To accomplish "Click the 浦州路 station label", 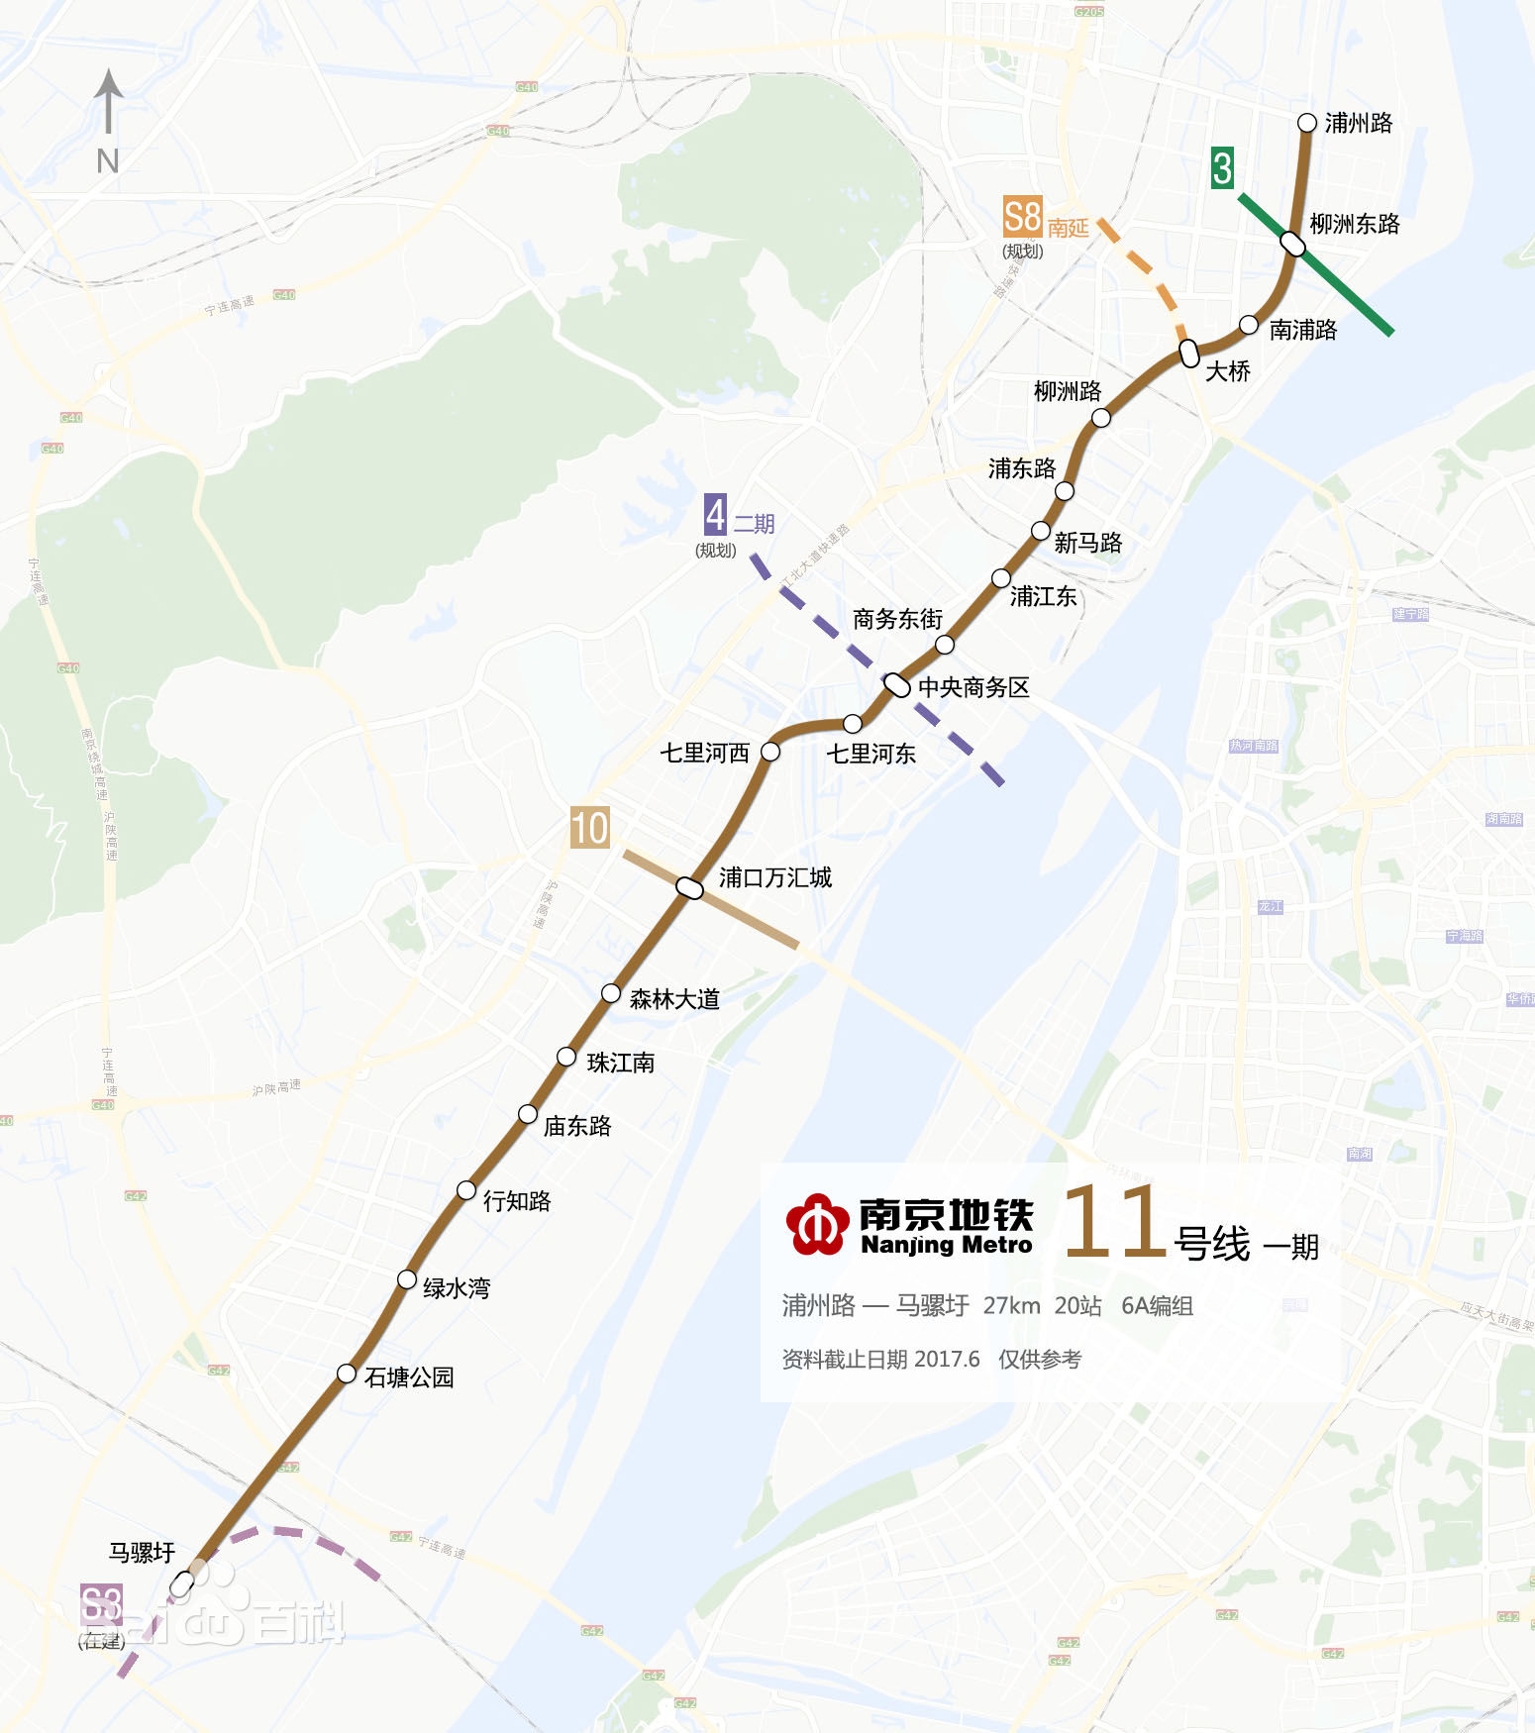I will click(x=1358, y=123).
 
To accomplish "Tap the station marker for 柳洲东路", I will click(x=1292, y=243).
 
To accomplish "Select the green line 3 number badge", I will click(x=1223, y=168).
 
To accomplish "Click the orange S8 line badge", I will click(x=1022, y=217).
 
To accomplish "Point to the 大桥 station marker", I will click(x=1189, y=353).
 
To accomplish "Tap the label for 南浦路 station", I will click(x=1302, y=330).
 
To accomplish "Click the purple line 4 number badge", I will click(x=715, y=515).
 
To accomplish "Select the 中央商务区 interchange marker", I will click(x=896, y=684).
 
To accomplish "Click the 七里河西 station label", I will click(x=704, y=754).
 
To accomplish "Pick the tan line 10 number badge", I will click(x=589, y=828).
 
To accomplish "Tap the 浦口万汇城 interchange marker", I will click(x=689, y=887).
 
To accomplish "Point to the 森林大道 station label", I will click(x=674, y=999).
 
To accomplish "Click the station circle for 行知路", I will click(x=466, y=1190).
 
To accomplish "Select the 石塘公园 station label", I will click(x=409, y=1377).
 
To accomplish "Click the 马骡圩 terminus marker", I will click(x=182, y=1583).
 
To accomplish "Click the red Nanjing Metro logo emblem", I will click(x=817, y=1225).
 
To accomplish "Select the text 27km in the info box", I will click(x=1011, y=1306).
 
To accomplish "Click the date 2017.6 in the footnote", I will click(x=947, y=1359).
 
